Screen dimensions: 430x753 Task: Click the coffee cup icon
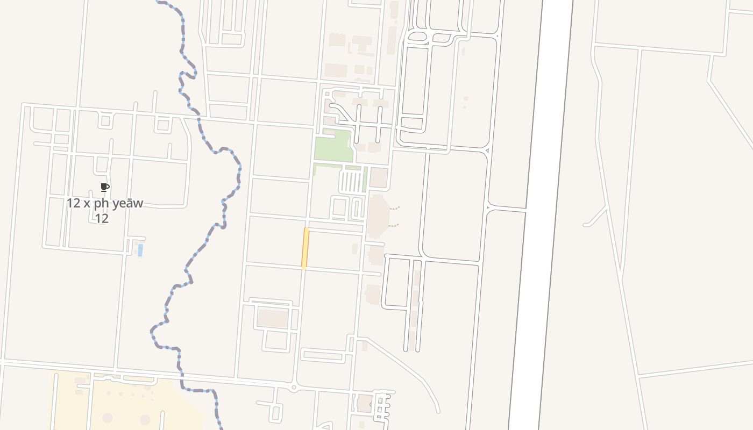point(105,188)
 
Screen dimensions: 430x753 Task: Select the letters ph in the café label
point(101,204)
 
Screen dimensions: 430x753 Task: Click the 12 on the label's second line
point(102,218)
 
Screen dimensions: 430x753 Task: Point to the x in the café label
point(87,204)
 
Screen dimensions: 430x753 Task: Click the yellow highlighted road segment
point(306,248)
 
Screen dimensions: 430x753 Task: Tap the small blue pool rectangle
point(140,250)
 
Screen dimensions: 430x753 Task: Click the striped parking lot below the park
point(351,182)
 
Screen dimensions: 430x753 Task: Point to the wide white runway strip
point(541,215)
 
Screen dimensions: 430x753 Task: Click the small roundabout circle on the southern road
point(293,387)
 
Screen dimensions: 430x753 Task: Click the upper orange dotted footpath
point(395,208)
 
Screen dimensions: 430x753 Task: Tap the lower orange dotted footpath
point(394,225)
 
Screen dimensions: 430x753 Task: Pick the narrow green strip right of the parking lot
point(365,178)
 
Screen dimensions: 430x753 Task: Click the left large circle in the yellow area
point(108,418)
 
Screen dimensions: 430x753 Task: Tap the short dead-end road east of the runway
point(595,218)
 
